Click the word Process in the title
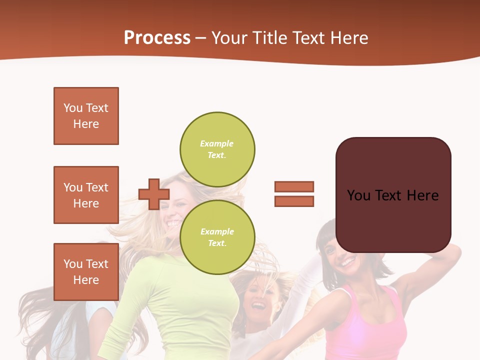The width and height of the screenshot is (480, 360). coord(157,37)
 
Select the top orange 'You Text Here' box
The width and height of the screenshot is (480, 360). coord(86,116)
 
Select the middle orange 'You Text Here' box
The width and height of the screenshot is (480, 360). coord(86,195)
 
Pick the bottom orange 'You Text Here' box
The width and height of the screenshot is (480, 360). coord(86,271)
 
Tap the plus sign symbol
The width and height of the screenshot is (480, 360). coord(154,194)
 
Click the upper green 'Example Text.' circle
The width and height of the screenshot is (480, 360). coord(217,149)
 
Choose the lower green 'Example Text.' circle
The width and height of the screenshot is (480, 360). coord(217,237)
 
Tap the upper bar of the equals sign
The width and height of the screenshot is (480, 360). coord(294,186)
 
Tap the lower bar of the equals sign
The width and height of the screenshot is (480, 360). coord(294,201)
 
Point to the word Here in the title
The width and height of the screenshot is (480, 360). coord(349,37)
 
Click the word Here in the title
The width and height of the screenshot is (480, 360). coord(349,37)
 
